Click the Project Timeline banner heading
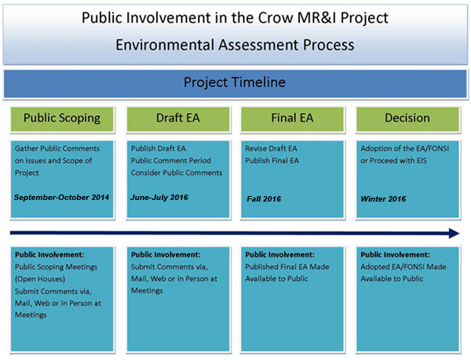point(235,82)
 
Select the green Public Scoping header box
point(62,119)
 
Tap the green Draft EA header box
point(178,119)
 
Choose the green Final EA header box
point(292,119)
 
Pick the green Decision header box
point(407,119)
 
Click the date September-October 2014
point(61,198)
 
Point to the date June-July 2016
point(159,198)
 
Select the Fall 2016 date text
point(264,199)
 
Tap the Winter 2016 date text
point(383,199)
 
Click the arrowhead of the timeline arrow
point(455,233)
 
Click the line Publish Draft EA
point(159,148)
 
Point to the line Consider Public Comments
point(177,173)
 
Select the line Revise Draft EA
point(271,148)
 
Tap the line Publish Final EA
point(272,161)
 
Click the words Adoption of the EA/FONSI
point(405,148)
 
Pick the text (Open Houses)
point(40,279)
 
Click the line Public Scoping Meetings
point(57,267)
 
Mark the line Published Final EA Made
point(287,267)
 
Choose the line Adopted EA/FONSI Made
point(403,267)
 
